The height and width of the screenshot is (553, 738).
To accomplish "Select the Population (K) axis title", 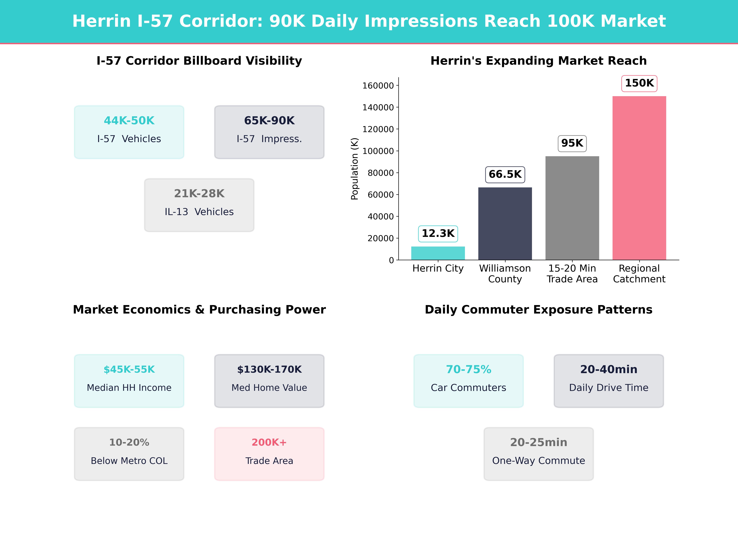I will (354, 169).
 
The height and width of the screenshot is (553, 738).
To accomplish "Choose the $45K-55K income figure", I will (129, 369).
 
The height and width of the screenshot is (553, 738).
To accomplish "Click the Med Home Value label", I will (269, 388).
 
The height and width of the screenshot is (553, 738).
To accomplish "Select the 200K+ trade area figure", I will (269, 442).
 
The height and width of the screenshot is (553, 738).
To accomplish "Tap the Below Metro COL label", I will (129, 461).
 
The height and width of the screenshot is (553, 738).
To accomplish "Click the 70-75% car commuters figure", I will (468, 369).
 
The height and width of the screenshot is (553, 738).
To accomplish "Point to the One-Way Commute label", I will (538, 461).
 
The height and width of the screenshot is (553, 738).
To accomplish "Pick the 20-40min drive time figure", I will (609, 369).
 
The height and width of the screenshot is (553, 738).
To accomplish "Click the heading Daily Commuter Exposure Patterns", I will (538, 310).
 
